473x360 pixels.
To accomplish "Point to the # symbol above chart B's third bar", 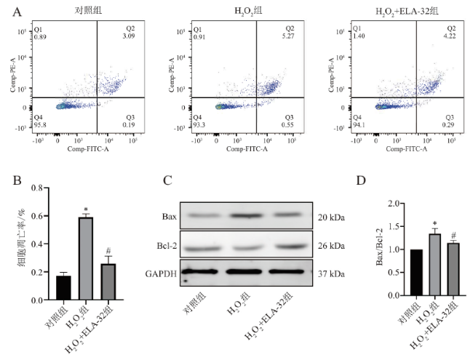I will (107, 249).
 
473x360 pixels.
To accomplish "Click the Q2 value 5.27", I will (290, 36).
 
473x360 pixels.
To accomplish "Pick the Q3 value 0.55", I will (289, 125).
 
